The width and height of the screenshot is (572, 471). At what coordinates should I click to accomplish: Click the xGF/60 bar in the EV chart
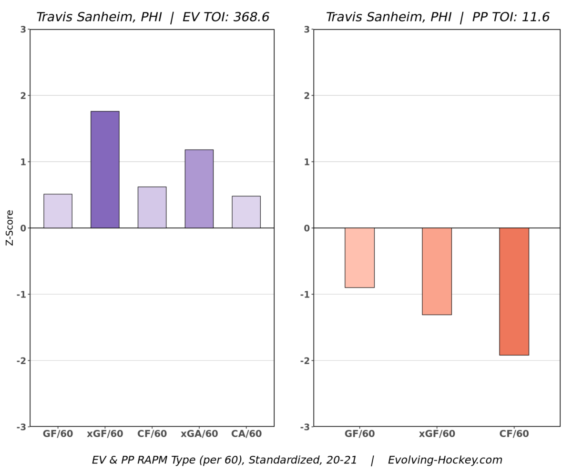coord(105,170)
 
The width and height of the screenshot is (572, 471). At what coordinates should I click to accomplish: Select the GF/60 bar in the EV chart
coord(58,211)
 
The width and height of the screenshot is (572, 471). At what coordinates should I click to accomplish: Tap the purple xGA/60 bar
coord(199,189)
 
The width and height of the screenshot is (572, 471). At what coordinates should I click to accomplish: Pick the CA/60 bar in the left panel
coord(246,212)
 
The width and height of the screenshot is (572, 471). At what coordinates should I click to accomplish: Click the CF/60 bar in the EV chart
coord(152,207)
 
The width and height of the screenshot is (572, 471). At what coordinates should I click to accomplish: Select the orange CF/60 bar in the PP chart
coord(514,291)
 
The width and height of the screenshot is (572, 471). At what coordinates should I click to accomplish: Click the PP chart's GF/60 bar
coord(359,257)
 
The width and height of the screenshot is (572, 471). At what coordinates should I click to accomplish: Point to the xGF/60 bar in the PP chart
coord(437,271)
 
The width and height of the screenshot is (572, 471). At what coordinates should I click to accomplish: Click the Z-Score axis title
coord(10,228)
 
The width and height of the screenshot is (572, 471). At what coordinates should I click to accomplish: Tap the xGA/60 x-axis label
coord(199,434)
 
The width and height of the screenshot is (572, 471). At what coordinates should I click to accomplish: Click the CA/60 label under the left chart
coord(246,434)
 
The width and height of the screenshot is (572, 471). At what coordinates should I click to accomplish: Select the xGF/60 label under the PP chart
coord(437,434)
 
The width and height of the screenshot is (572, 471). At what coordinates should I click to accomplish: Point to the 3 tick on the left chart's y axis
coord(22,30)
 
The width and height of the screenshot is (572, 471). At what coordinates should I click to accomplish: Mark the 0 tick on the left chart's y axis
coord(22,228)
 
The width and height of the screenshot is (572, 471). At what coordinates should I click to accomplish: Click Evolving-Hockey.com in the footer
coord(445,460)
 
